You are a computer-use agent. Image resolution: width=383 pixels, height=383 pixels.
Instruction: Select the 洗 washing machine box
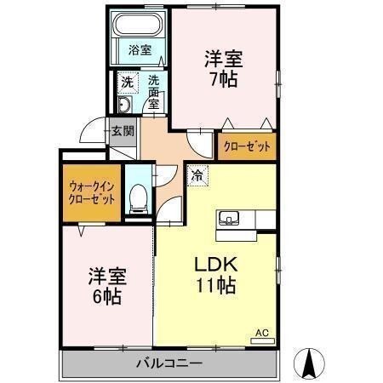pos(126,83)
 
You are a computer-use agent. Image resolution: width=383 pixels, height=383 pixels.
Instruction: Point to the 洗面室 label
pos(153,92)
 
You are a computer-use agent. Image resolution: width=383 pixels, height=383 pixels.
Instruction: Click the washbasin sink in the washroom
pos(124,106)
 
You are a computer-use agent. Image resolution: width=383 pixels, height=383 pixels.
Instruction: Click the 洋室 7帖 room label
pos(224,69)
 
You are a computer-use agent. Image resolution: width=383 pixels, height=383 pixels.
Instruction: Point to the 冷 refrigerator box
pos(197,176)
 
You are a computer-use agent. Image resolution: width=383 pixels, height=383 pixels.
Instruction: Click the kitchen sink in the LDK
pos(230,219)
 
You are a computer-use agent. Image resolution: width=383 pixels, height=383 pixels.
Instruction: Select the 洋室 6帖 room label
pos(107,287)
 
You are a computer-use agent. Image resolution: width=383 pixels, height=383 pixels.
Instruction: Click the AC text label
pos(261,333)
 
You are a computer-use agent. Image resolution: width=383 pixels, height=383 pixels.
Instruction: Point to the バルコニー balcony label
pos(170,364)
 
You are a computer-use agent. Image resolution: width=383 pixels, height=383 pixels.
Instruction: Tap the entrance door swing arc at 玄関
pos(92,133)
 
